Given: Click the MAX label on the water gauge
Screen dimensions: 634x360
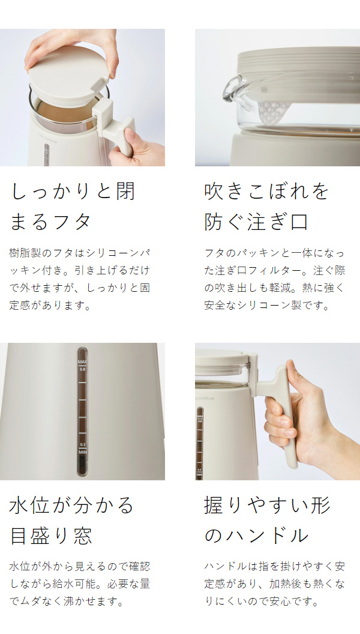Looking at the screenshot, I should [83, 361].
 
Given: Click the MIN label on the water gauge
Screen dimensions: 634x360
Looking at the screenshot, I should [83, 453].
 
